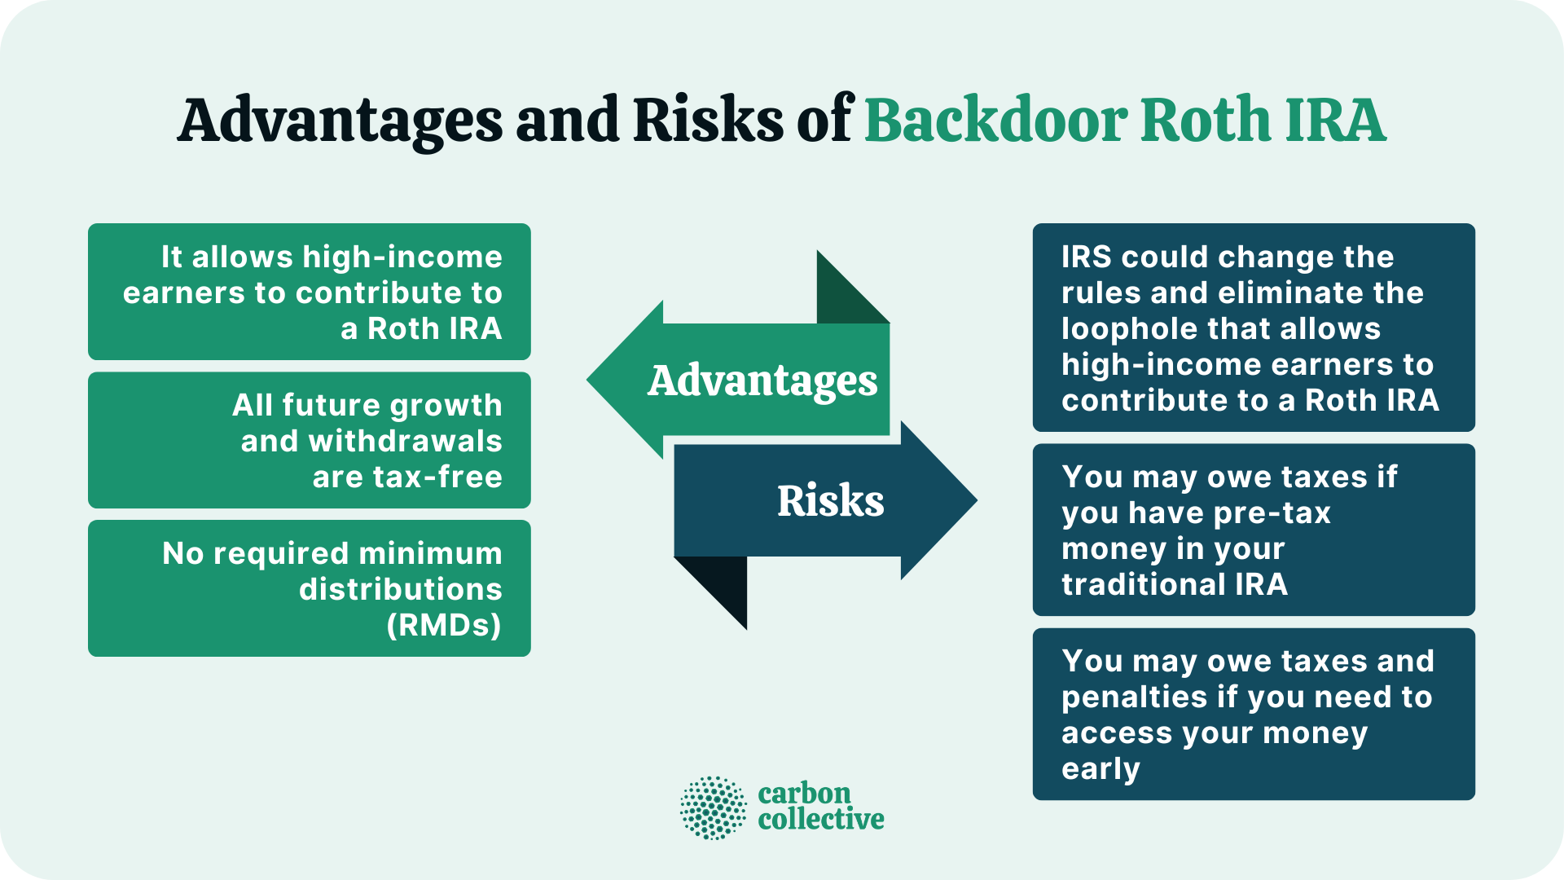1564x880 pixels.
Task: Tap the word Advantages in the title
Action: [x=340, y=121]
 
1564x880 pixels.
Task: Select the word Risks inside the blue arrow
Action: [x=830, y=500]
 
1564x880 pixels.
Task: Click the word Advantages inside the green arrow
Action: [x=762, y=381]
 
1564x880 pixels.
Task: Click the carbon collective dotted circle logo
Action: [x=713, y=807]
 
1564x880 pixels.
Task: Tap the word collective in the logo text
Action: [x=820, y=819]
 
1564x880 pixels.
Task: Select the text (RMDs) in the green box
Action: [x=444, y=625]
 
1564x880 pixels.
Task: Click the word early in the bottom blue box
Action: [x=1101, y=768]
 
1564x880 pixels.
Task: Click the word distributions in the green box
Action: [x=400, y=589]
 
